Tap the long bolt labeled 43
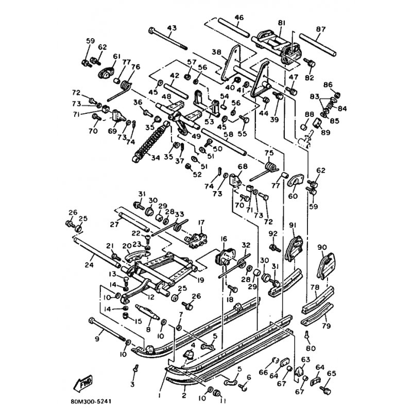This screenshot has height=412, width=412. pos(167,39)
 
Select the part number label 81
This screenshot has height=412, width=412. pos(281,23)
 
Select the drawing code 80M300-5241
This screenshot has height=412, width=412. pos(98,397)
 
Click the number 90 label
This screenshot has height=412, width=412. pos(323,248)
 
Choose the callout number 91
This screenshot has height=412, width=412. pos(293,225)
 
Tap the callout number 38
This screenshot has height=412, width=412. pos(216,52)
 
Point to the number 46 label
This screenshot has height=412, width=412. pos(238,18)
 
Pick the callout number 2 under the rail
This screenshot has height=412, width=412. pos(183,396)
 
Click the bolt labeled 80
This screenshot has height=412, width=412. pos(307,335)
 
